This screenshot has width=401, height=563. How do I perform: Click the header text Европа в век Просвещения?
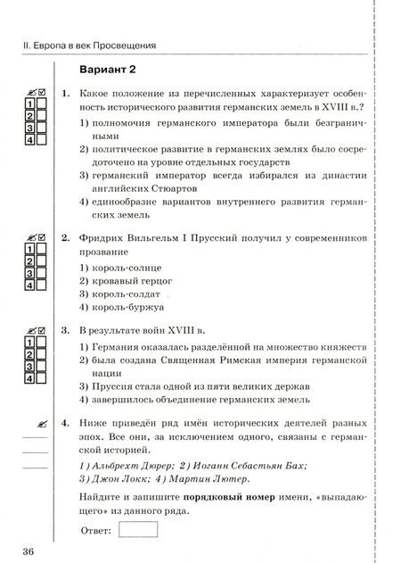(x=89, y=44)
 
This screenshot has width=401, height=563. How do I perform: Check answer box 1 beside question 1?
(x=30, y=104)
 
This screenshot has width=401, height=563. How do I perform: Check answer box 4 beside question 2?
(x=30, y=286)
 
